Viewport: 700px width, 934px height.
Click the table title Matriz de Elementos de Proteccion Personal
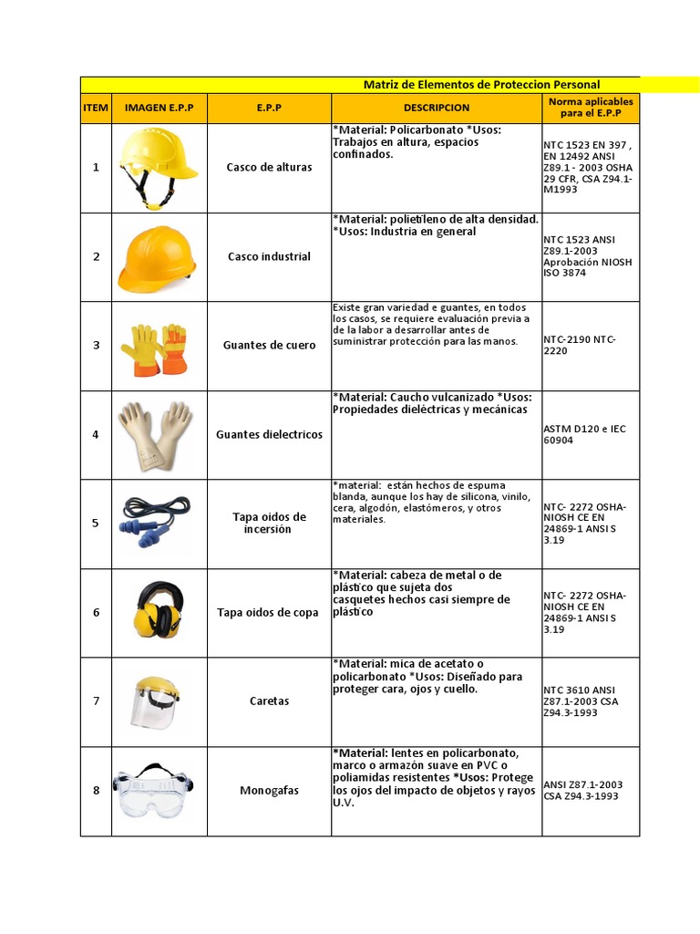481,85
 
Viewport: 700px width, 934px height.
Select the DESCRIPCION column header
436,108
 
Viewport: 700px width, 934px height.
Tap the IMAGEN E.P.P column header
160,108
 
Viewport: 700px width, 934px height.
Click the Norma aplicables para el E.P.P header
590,108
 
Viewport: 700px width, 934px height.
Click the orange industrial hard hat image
157,256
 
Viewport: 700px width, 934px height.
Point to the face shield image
156,700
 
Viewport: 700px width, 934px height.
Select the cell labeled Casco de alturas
269,168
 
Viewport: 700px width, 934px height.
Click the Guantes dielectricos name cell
269,435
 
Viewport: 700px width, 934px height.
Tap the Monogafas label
269,791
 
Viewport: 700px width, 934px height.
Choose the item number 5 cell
96,523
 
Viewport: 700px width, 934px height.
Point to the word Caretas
269,701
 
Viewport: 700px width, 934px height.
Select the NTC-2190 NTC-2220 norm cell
581,346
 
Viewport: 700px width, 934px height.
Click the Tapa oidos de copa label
268,613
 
